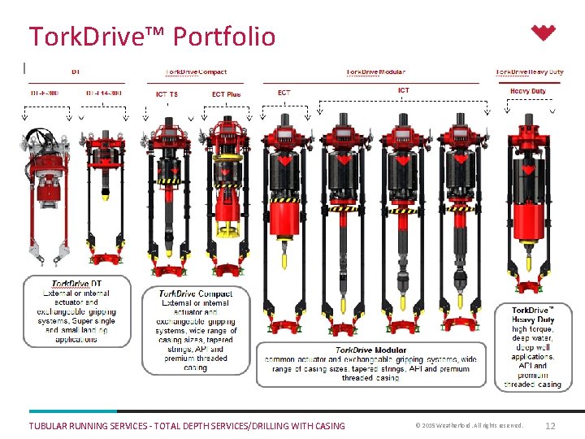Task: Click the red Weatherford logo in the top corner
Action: [x=544, y=33]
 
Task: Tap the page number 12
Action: [x=550, y=426]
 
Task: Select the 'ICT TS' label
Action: [x=167, y=94]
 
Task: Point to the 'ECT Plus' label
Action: [x=226, y=94]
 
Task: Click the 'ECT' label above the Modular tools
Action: [x=284, y=93]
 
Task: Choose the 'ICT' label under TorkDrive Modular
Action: [x=404, y=90]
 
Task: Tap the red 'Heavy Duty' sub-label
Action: [x=527, y=91]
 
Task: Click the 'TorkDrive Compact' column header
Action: [x=197, y=72]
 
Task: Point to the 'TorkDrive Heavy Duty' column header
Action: [x=529, y=72]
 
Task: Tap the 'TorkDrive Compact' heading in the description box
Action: [x=195, y=293]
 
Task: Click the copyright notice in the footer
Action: [x=469, y=426]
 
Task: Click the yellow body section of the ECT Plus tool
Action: [x=225, y=199]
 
